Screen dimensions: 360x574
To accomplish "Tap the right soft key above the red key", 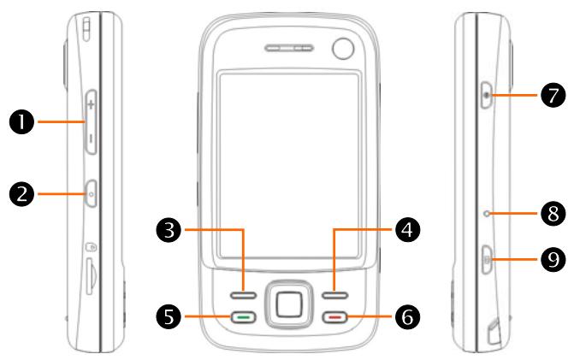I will point(335,295).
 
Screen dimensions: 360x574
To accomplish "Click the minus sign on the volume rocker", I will point(91,137).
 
